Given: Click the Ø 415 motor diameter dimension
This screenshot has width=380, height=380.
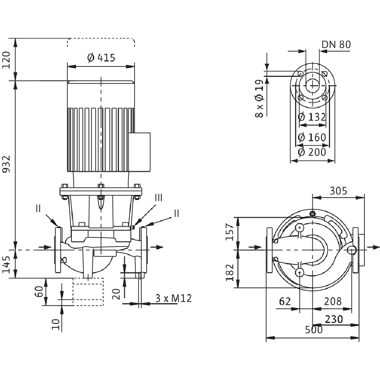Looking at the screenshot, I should pyautogui.click(x=101, y=58).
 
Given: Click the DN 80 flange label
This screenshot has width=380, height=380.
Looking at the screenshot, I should pyautogui.click(x=336, y=44).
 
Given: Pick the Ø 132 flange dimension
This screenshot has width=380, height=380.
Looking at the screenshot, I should pyautogui.click(x=312, y=117).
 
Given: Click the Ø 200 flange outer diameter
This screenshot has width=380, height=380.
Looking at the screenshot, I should pyautogui.click(x=312, y=152).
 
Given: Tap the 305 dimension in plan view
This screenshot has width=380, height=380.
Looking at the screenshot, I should pyautogui.click(x=339, y=191).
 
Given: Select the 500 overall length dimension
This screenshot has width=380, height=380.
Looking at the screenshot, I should pyautogui.click(x=313, y=330).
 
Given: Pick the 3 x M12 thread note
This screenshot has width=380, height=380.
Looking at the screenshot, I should pyautogui.click(x=173, y=299).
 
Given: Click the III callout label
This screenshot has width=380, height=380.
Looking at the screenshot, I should pyautogui.click(x=158, y=198).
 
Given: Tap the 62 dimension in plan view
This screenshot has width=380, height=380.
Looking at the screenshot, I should pyautogui.click(x=285, y=301).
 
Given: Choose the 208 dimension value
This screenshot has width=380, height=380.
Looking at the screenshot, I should pyautogui.click(x=332, y=301).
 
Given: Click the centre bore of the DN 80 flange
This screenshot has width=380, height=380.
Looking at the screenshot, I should pyautogui.click(x=312, y=85).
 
